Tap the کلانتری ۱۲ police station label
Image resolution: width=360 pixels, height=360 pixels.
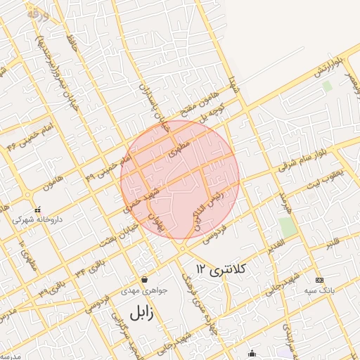tap(221, 269)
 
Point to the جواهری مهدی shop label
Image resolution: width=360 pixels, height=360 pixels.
tap(143, 290)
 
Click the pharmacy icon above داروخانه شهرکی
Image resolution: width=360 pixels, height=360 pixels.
tap(37, 210)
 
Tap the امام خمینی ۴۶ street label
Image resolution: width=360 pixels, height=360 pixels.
tap(22, 140)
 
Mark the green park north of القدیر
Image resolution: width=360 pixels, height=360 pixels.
tap(287, 227)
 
